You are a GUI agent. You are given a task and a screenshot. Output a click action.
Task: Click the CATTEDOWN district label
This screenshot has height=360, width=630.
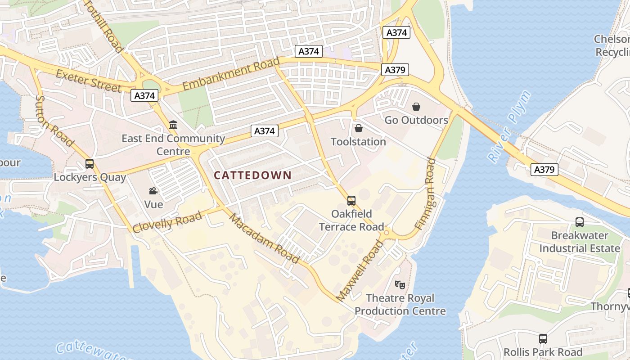click(252, 175)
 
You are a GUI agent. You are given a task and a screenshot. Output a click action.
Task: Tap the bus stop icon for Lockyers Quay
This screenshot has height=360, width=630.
click(90, 164)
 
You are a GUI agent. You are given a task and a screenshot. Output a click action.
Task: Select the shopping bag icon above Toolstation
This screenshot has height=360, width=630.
click(359, 129)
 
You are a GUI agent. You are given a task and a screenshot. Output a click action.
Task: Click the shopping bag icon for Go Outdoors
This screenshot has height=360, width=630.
click(416, 107)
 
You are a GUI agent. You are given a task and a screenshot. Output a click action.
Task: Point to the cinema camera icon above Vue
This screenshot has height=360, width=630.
click(153, 191)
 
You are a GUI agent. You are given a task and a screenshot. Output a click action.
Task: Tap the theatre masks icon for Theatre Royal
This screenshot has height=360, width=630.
click(400, 284)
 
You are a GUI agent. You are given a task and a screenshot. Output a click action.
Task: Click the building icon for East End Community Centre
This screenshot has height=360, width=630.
click(173, 125)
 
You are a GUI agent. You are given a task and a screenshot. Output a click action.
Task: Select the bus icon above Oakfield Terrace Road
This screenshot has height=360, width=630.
click(351, 200)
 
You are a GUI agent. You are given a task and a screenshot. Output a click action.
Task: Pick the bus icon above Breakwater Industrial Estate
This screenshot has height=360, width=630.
click(580, 222)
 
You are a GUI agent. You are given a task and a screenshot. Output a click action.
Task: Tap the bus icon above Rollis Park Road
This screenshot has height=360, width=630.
click(543, 339)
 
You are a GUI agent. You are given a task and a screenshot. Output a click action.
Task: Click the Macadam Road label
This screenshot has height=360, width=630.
click(264, 238)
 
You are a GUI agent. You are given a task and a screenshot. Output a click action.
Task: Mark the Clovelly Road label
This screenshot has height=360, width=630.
click(167, 222)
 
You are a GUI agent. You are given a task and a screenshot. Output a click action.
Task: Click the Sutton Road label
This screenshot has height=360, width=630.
click(54, 121)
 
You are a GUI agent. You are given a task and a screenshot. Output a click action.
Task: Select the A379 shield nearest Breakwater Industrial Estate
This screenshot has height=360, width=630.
click(544, 170)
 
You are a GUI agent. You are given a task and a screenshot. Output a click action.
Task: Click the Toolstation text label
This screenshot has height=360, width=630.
click(358, 142)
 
